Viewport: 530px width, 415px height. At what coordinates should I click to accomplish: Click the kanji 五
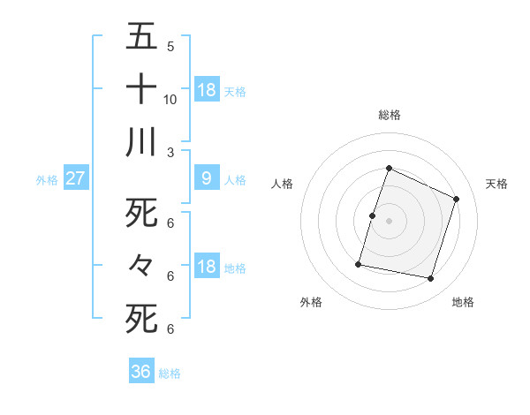tap(141, 37)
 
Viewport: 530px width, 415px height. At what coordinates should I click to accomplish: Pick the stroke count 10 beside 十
tap(170, 99)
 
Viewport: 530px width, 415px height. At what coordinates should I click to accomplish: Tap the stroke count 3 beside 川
tap(170, 152)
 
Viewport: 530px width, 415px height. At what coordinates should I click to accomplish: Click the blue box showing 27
tap(75, 178)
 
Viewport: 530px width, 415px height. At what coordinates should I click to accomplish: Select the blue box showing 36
tap(141, 372)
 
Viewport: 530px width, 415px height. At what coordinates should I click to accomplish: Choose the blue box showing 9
tap(206, 178)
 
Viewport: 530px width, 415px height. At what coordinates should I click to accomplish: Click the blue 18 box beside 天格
tap(206, 89)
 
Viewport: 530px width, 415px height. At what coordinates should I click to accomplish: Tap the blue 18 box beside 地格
tap(206, 267)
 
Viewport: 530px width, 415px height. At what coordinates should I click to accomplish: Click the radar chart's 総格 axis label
tap(390, 115)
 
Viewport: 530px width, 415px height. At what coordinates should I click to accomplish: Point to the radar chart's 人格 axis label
tap(282, 184)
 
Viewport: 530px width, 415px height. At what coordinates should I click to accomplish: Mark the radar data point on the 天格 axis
tap(457, 199)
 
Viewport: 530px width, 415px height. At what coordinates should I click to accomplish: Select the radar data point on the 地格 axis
tap(431, 279)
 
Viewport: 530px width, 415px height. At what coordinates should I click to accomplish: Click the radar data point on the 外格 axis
tap(359, 264)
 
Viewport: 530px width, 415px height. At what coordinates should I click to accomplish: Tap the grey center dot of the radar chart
tap(390, 221)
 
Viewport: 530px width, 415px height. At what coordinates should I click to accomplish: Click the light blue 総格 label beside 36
tap(170, 373)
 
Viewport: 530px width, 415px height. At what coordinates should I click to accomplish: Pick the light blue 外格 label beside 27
tap(47, 180)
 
